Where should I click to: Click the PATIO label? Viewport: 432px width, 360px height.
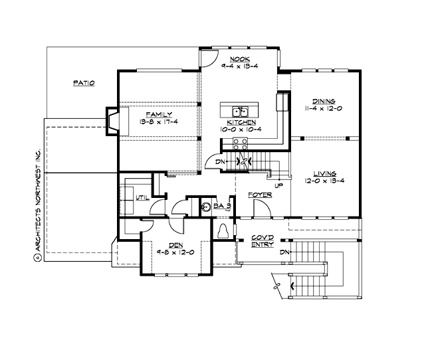tap(83, 83)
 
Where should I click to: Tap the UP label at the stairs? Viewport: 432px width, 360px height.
tap(278, 185)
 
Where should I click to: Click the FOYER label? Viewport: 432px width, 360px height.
tap(259, 195)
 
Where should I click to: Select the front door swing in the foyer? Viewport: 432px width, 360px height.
tap(261, 209)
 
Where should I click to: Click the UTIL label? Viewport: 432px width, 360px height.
tap(142, 197)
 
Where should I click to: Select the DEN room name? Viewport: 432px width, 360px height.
tap(175, 244)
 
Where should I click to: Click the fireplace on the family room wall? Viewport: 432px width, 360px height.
tap(111, 121)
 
